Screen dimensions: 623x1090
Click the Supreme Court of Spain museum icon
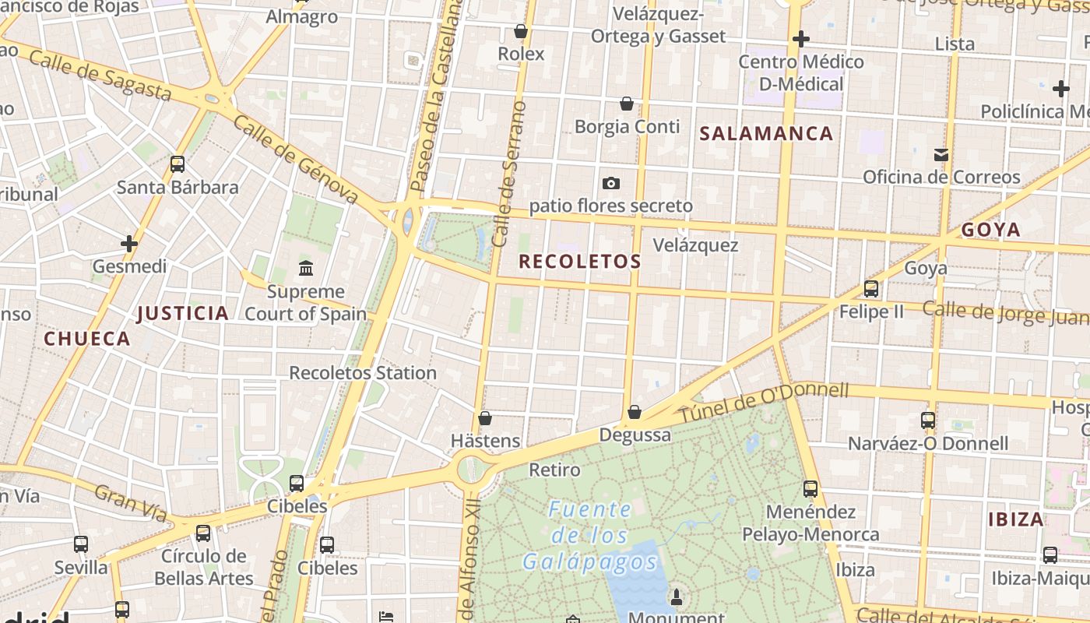tap(306, 269)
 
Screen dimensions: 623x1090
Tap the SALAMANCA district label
tap(766, 133)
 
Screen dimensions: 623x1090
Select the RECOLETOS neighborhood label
tap(580, 262)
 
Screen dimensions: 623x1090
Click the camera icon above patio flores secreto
tap(611, 183)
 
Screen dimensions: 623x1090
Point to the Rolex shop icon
tap(521, 31)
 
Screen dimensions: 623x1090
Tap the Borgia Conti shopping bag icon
tap(627, 103)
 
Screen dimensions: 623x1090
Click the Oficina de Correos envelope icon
tap(941, 154)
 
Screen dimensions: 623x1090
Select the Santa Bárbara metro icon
tap(178, 164)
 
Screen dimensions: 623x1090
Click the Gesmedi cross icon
tap(129, 244)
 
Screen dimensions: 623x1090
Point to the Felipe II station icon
tap(871, 289)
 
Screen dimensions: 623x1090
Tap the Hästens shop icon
tap(485, 418)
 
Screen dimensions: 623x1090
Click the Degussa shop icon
tap(635, 412)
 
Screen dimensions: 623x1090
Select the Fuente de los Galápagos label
tap(590, 535)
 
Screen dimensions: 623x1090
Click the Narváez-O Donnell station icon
tap(927, 421)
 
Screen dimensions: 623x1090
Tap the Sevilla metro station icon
tap(81, 544)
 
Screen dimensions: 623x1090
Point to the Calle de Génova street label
tap(296, 160)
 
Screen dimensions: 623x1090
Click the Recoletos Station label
tap(363, 372)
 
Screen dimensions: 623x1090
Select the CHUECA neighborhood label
tap(87, 339)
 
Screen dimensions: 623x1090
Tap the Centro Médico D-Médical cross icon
tap(800, 38)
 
